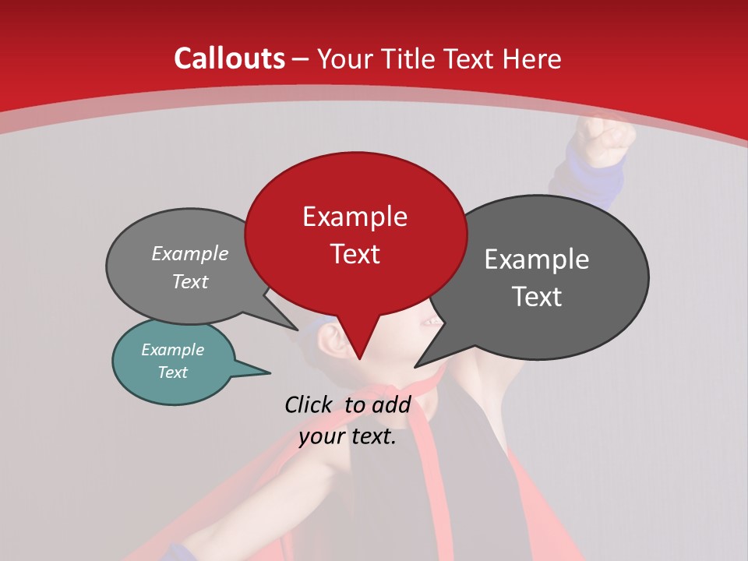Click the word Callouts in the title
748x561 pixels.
[229, 58]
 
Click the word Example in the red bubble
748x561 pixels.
[355, 216]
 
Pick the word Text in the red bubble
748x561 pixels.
[355, 253]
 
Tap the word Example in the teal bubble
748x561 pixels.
[172, 350]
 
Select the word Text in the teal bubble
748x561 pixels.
[172, 372]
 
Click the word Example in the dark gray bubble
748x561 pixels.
[536, 259]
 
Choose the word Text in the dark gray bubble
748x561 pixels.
[536, 297]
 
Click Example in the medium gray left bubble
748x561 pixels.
[189, 254]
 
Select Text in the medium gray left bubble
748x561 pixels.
[189, 281]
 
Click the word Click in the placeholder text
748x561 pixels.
[309, 404]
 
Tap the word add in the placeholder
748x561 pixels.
[391, 404]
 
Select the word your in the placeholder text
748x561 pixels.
[319, 436]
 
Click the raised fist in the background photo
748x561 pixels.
[604, 139]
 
